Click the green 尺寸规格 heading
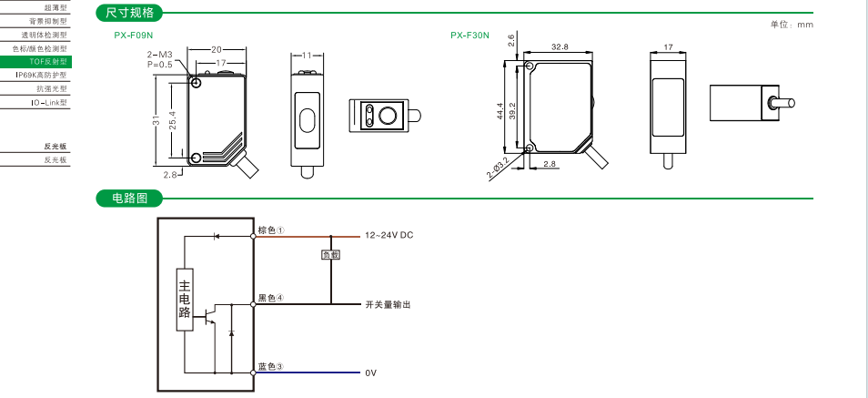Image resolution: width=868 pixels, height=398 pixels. pyautogui.click(x=130, y=13)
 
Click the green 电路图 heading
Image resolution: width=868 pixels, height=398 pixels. pyautogui.click(x=130, y=198)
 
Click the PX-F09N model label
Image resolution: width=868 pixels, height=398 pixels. pyautogui.click(x=133, y=36)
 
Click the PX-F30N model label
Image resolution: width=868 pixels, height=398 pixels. pyautogui.click(x=469, y=36)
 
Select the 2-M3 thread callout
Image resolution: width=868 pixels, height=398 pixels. pyautogui.click(x=159, y=56)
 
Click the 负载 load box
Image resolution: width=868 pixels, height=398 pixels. pyautogui.click(x=331, y=255)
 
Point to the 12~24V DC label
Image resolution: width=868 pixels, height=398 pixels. pyautogui.click(x=389, y=235)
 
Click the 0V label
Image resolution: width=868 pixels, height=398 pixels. pyautogui.click(x=370, y=373)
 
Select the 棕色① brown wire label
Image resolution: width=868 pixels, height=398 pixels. pyautogui.click(x=271, y=230)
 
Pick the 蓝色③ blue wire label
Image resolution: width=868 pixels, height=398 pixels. pyautogui.click(x=270, y=366)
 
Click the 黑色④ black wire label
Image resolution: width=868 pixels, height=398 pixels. pyautogui.click(x=270, y=297)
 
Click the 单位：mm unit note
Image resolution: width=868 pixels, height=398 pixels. pyautogui.click(x=792, y=25)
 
